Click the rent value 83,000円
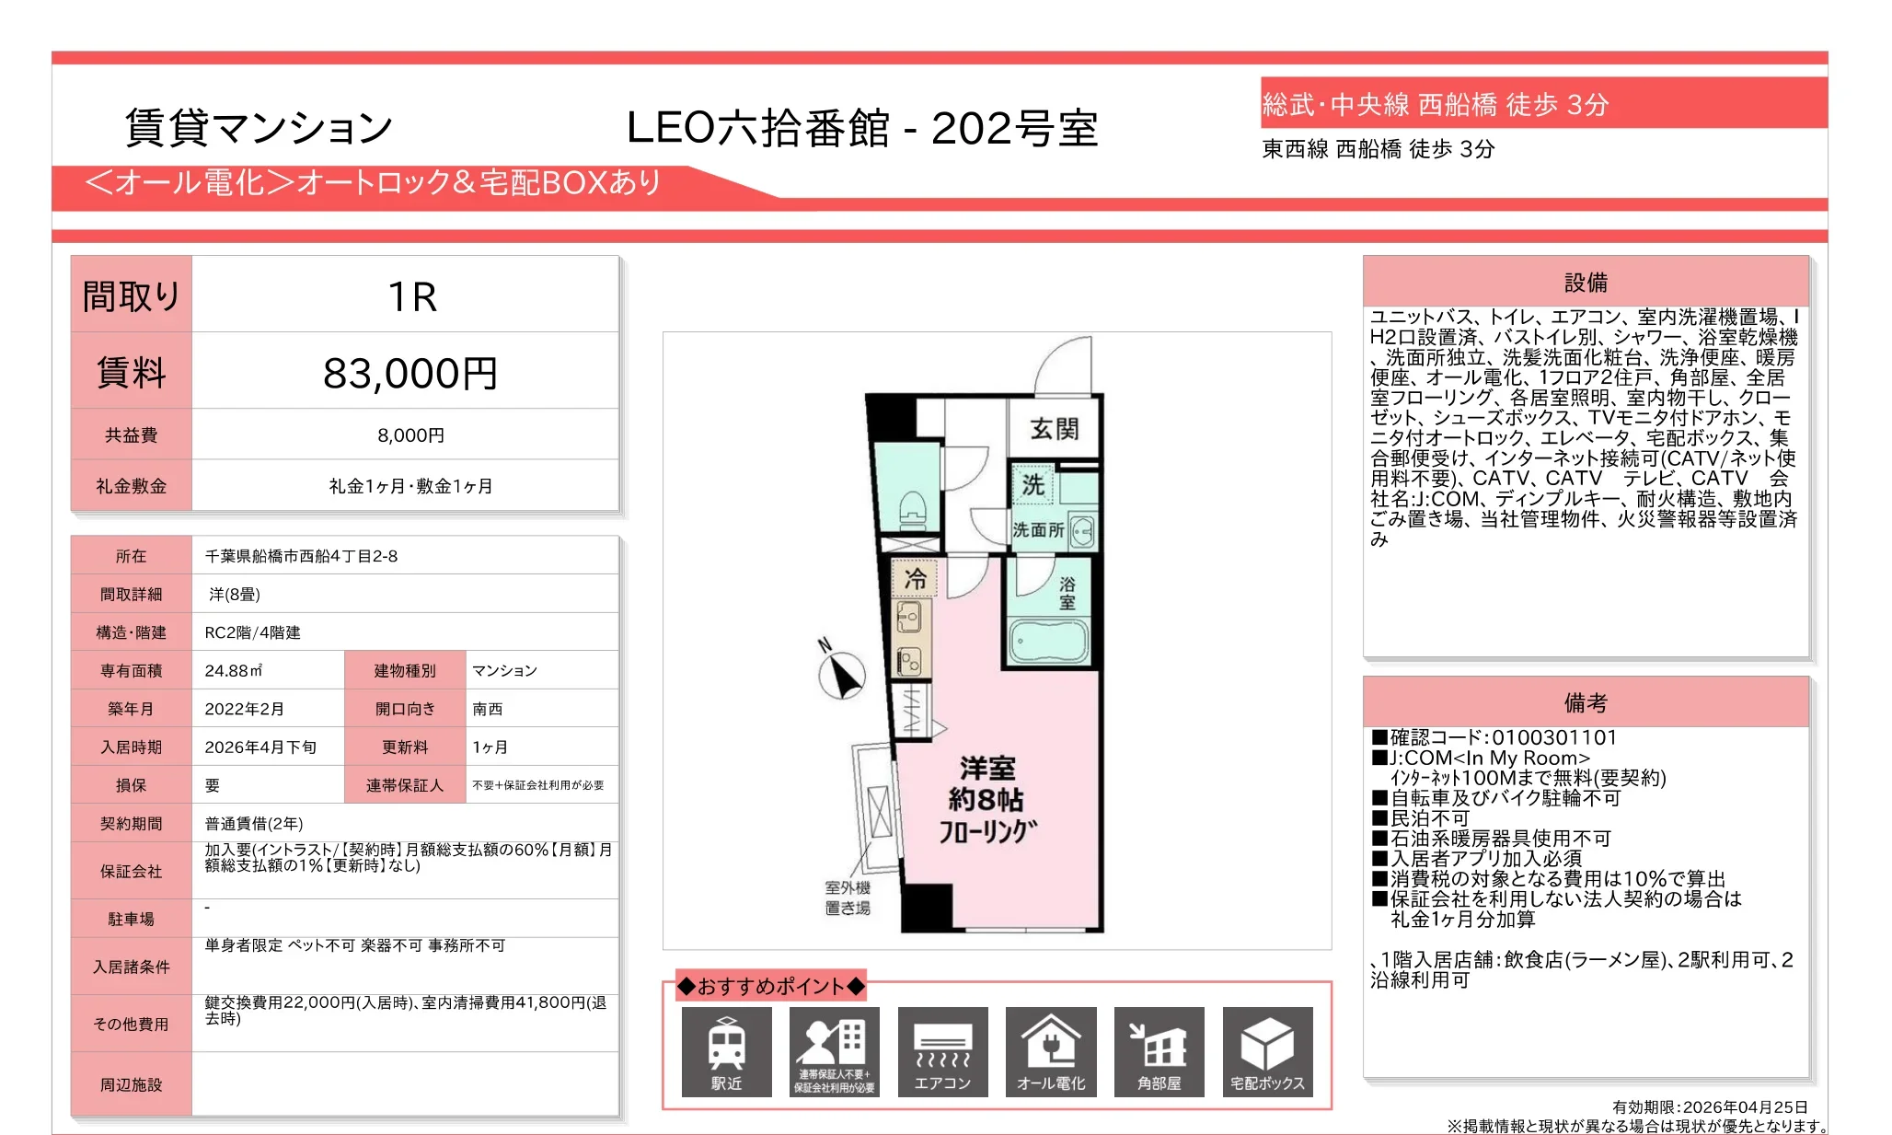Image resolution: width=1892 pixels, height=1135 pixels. [410, 373]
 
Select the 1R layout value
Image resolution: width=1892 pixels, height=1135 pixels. [411, 296]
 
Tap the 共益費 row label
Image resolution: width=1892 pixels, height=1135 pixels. [131, 435]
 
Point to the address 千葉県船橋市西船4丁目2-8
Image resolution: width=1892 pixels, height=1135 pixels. [301, 556]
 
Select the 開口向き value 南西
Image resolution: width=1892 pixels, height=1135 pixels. [487, 709]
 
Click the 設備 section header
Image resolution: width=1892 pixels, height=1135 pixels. [1586, 283]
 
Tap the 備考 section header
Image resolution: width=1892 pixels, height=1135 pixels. [1586, 703]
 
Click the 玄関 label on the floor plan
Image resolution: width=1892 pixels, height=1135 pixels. [1054, 429]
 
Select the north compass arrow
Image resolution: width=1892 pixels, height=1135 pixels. [842, 674]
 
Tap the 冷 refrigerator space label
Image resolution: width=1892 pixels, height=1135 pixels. [915, 579]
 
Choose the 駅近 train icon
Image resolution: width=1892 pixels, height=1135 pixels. [726, 1051]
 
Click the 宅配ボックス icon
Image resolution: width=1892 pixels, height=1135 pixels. [1267, 1051]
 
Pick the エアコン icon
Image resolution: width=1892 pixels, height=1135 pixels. [942, 1051]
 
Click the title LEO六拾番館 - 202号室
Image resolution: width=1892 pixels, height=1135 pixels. [862, 129]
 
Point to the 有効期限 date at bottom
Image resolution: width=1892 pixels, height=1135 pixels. [1710, 1107]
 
